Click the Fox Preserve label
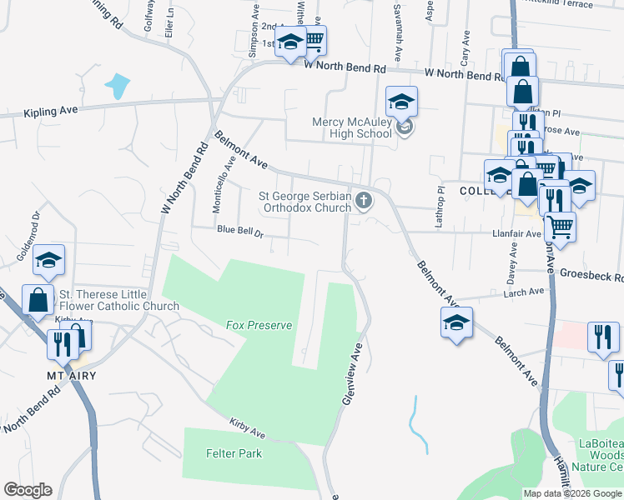click(x=259, y=325)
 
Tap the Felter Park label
click(x=234, y=454)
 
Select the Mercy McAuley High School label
click(x=351, y=127)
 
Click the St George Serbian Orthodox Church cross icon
click(x=363, y=200)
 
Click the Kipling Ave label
click(x=51, y=112)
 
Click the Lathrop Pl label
click(x=441, y=201)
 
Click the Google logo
click(x=28, y=490)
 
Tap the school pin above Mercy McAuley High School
click(x=401, y=102)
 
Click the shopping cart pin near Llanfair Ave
click(x=560, y=225)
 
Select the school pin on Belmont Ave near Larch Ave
click(x=457, y=323)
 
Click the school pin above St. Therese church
click(x=49, y=262)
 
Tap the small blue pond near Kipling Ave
click(x=117, y=86)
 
